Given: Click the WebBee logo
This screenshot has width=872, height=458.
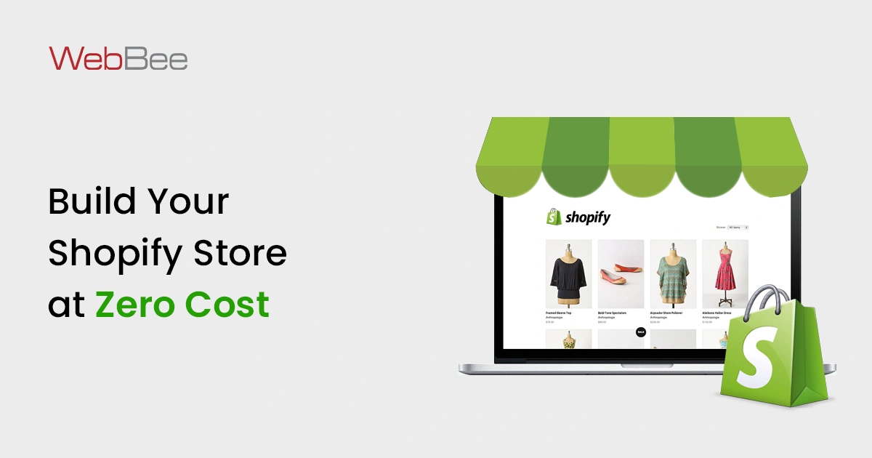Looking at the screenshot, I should click(x=118, y=58).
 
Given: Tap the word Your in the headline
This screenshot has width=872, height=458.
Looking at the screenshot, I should click(x=190, y=201).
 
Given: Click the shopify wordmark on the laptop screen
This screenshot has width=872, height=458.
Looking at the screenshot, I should click(x=588, y=217).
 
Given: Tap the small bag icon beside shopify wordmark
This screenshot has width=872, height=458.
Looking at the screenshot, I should click(x=554, y=217).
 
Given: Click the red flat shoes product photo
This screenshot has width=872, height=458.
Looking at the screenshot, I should click(x=621, y=273).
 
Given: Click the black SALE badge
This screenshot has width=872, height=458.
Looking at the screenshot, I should click(x=640, y=332).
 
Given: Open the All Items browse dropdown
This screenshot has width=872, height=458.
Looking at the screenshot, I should click(x=738, y=228).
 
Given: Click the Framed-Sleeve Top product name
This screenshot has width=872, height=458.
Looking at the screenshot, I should click(x=558, y=313).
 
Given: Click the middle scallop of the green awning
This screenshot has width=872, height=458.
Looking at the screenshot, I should click(x=642, y=156).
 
